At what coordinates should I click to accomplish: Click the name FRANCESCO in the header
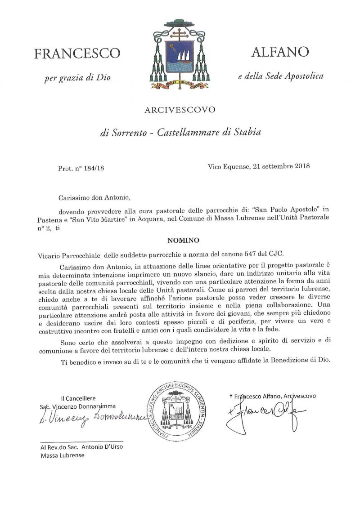(x=77, y=54)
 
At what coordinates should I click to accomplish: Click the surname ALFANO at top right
(x=280, y=52)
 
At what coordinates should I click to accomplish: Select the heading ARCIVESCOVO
(x=180, y=109)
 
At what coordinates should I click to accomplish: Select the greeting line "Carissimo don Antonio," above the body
(x=90, y=197)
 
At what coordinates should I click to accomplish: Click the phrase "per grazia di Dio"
(x=77, y=78)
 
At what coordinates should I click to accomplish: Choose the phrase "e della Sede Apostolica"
(x=281, y=76)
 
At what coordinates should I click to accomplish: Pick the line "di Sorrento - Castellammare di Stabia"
(x=180, y=132)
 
